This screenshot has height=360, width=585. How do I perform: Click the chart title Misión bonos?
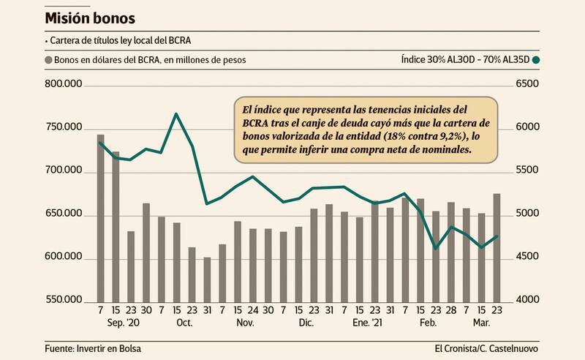tap(89, 16)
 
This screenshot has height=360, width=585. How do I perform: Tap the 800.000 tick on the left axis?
tap(64, 86)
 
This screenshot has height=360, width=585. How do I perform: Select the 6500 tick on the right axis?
tap(527, 86)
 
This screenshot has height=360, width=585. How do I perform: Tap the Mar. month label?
tap(480, 323)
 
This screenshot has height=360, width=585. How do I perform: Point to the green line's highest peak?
tap(176, 114)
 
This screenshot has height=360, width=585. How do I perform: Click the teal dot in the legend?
tap(536, 60)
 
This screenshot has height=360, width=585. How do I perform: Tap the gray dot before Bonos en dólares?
tap(49, 60)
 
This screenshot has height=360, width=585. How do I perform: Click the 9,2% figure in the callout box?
tap(446, 137)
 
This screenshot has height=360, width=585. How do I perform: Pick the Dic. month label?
tap(305, 323)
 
